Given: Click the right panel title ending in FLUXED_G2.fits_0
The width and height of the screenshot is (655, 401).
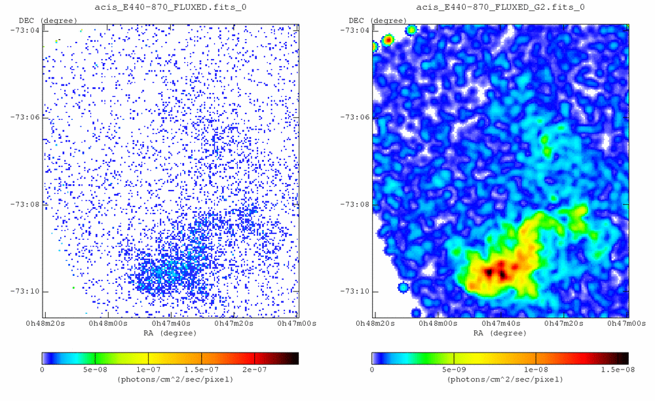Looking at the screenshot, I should tap(500, 7).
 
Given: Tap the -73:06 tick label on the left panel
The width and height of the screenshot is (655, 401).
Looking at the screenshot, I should tap(27, 117).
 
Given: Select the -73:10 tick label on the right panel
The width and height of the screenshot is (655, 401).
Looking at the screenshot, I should tap(357, 291).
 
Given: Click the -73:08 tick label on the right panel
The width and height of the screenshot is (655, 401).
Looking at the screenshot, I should tap(357, 204).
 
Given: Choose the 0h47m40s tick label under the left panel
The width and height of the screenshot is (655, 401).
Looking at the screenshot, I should tap(170, 324).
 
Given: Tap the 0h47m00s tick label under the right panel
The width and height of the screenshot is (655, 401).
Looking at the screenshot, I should tap(627, 324).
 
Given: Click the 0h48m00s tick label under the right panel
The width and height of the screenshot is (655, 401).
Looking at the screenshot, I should tap(436, 324).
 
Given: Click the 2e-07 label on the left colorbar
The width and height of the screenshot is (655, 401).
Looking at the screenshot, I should tap(254, 370).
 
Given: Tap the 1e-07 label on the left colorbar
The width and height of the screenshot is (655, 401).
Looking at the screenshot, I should tap(148, 370).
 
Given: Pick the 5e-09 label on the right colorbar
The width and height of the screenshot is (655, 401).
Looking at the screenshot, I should tap(453, 370).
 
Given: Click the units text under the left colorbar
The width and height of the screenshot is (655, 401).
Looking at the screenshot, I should tap(170, 379).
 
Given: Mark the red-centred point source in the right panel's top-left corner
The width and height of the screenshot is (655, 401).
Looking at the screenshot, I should tap(388, 41).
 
